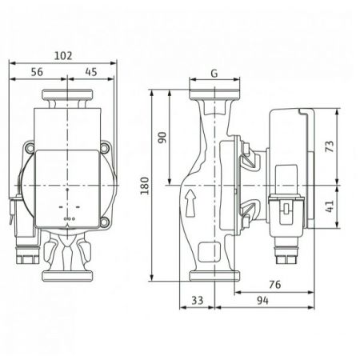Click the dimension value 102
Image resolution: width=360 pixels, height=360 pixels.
point(63,56)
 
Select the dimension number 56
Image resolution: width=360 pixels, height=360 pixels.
point(37,72)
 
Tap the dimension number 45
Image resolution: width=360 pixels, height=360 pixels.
point(91,72)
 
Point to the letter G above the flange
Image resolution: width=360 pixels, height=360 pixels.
point(214,73)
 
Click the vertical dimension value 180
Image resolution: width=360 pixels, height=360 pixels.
point(145,186)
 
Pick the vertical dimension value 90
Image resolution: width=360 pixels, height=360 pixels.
point(162,138)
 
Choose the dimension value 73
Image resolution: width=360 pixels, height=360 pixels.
point(330,146)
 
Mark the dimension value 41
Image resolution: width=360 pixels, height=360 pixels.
point(330,206)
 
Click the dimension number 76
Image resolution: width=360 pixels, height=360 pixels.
point(275,285)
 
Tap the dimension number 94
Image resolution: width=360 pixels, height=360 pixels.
point(263,301)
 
